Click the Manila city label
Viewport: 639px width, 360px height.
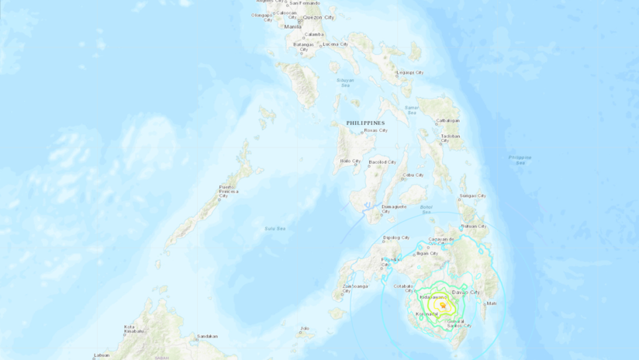click(x=292, y=26)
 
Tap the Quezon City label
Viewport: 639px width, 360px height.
click(x=318, y=17)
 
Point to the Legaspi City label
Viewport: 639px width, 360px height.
click(x=410, y=73)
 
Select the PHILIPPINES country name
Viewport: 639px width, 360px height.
click(x=365, y=123)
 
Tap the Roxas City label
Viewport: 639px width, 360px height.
click(x=375, y=130)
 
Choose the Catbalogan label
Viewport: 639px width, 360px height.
click(x=447, y=120)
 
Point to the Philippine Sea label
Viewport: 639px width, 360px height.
click(x=520, y=160)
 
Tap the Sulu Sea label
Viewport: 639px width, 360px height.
click(x=275, y=228)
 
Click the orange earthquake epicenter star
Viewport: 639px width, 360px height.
click(x=443, y=306)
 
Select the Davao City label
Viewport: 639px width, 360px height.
click(x=465, y=292)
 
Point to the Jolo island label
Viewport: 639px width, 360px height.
click(x=304, y=329)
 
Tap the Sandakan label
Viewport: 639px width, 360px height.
click(x=207, y=336)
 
